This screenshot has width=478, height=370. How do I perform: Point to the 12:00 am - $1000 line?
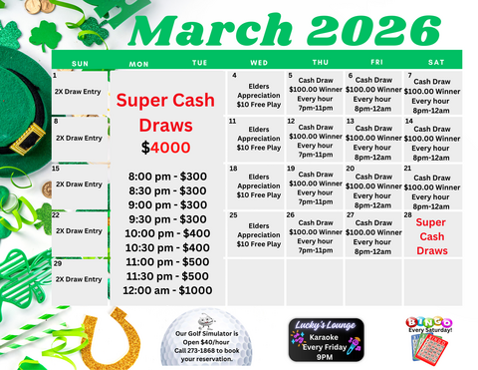click(x=167, y=290)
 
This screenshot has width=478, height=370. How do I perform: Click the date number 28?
click(x=408, y=215)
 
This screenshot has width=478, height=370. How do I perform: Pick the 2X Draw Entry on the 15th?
click(x=78, y=185)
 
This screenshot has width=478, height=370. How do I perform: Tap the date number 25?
click(x=233, y=214)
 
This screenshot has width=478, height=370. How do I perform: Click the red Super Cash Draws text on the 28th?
click(x=431, y=236)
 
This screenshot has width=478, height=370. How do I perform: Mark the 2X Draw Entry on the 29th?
click(x=78, y=279)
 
